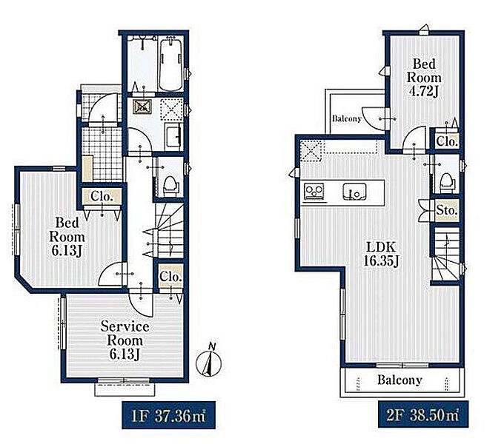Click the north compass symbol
tap(208, 361)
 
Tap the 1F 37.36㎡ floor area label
tap(168, 416)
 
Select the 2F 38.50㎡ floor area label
tap(423, 415)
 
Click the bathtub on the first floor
tap(171, 65)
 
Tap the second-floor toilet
tap(448, 181)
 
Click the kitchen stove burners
tap(314, 192)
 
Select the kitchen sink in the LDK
tap(354, 192)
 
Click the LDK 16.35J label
tap(381, 254)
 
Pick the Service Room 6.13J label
tap(125, 340)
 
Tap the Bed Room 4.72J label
tap(424, 78)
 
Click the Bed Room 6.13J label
tap(67, 237)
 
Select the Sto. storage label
tap(447, 210)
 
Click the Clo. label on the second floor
tap(447, 141)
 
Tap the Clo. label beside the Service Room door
tap(170, 277)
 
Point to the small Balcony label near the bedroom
tap(347, 118)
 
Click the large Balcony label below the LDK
tap(399, 380)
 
